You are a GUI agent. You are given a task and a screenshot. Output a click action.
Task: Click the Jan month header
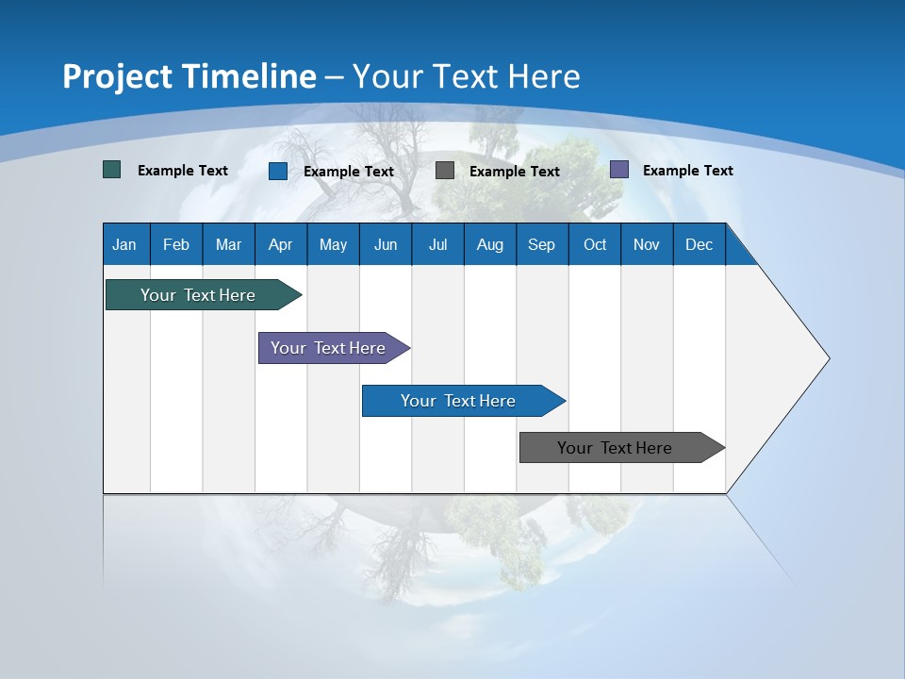pyautogui.click(x=125, y=244)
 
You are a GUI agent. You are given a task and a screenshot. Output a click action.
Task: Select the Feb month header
pyautogui.click(x=176, y=244)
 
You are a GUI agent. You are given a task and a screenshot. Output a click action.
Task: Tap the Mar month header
pyautogui.click(x=228, y=244)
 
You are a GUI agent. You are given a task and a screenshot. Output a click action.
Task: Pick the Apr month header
pyautogui.click(x=281, y=244)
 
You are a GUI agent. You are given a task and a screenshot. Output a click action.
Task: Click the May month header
pyautogui.click(x=333, y=244)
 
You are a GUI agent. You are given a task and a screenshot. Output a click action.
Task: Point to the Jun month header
pyautogui.click(x=386, y=244)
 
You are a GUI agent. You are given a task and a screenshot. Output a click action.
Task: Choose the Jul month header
pyautogui.click(x=437, y=244)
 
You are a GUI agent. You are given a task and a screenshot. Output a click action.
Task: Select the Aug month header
pyautogui.click(x=490, y=244)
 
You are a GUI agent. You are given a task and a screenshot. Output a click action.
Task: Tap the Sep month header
pyautogui.click(x=542, y=244)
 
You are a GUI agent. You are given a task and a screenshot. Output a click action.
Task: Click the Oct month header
pyautogui.click(x=595, y=244)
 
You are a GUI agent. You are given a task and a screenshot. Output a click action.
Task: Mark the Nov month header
pyautogui.click(x=647, y=244)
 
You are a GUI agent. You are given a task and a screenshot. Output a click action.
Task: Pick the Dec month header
pyautogui.click(x=699, y=244)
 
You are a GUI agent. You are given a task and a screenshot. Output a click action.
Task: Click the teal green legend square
pyautogui.click(x=112, y=170)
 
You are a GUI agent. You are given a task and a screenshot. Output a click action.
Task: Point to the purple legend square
pyautogui.click(x=619, y=170)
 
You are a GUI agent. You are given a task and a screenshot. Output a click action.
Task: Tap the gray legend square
pyautogui.click(x=445, y=171)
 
